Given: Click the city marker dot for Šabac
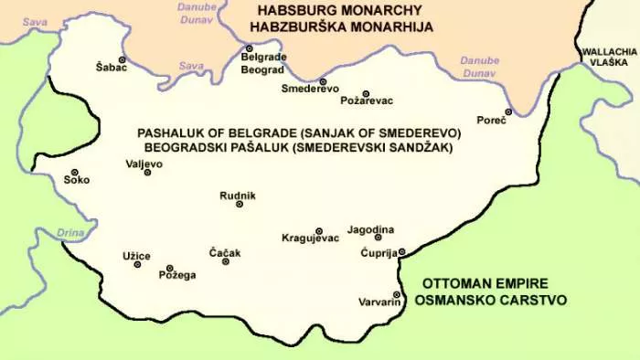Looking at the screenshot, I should [x=123, y=58].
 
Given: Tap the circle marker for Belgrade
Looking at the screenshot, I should [x=248, y=48].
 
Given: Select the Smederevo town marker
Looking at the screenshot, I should [x=323, y=81].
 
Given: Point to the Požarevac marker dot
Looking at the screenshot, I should [x=366, y=94].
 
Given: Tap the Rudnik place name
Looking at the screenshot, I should [x=238, y=196].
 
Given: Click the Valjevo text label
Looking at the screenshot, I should [x=144, y=164].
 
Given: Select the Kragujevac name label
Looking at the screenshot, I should [x=310, y=238].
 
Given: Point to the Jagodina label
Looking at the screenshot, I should [x=371, y=228].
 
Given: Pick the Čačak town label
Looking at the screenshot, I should [x=225, y=252].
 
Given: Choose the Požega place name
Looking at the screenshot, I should [x=177, y=274].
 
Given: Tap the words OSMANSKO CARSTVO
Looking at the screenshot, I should [x=490, y=300].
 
